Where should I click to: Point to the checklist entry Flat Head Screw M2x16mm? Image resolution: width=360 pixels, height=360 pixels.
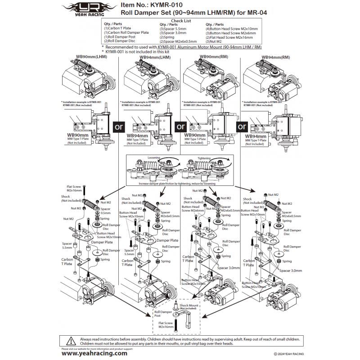228,37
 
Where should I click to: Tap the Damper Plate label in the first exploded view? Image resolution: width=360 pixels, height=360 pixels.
102,242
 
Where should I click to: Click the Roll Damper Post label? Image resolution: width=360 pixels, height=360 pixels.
161,314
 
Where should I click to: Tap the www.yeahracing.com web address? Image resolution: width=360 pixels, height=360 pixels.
94,353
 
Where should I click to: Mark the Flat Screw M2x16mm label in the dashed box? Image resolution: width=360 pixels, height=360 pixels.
166,326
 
